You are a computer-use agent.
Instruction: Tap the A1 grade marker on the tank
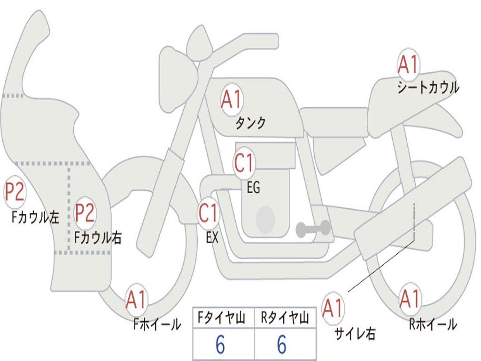[231, 100]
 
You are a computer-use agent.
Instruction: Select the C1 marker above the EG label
[244, 163]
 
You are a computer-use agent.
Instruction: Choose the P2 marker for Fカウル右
[85, 213]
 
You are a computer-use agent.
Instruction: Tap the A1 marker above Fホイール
[136, 300]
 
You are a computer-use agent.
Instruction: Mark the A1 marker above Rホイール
[410, 299]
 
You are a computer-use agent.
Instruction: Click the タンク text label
[250, 123]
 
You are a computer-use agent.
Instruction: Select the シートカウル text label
[428, 88]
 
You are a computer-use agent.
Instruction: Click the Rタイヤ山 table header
[285, 319]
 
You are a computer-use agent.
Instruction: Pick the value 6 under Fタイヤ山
[220, 345]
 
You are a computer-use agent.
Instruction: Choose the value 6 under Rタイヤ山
[282, 345]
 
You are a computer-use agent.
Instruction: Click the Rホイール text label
[433, 324]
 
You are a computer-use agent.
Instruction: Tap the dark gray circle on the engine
[265, 220]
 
